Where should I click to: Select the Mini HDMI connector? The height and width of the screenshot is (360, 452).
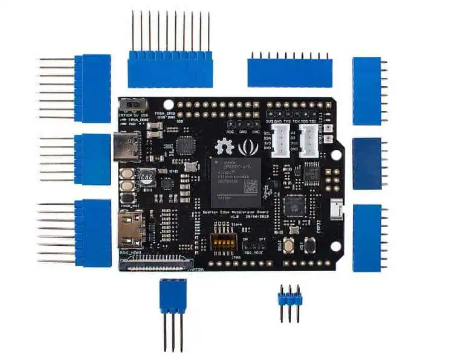click(x=129, y=231)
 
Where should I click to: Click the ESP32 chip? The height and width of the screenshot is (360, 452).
click(x=295, y=205)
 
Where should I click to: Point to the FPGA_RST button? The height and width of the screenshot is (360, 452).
click(x=128, y=198)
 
